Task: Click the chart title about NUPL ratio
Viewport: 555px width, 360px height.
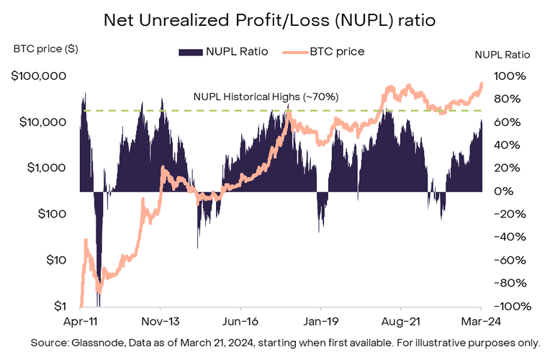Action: pyautogui.click(x=277, y=20)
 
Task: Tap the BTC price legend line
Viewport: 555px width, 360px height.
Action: pyautogui.click(x=297, y=52)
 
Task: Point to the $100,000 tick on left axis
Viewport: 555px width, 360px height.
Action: pyautogui.click(x=39, y=76)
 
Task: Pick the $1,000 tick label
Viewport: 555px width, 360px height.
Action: pyautogui.click(x=45, y=168)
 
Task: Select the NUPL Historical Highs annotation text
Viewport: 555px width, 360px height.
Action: pyautogui.click(x=266, y=96)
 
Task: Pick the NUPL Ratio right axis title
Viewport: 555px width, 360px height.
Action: pyautogui.click(x=502, y=54)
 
